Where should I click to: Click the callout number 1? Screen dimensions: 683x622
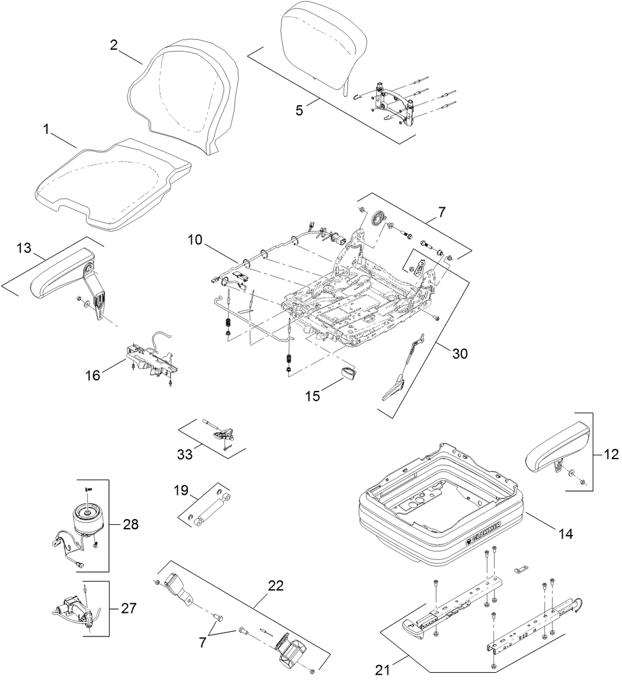click(x=46, y=129)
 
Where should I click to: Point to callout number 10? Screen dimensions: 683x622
click(x=196, y=240)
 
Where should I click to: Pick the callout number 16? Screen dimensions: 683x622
click(x=93, y=375)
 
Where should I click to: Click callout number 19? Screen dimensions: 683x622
click(x=181, y=490)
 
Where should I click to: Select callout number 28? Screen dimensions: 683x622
click(x=130, y=525)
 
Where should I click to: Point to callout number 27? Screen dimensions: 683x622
click(x=128, y=608)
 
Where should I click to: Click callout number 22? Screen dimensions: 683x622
click(x=277, y=585)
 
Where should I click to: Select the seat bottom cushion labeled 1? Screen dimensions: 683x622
click(x=112, y=182)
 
